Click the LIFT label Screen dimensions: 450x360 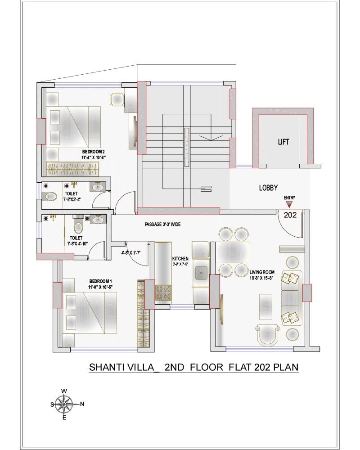(283, 142)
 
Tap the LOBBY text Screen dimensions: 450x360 (268, 188)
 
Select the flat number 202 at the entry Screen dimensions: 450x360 (290, 215)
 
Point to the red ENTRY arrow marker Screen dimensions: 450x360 (287, 205)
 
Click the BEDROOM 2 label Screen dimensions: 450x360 (93, 152)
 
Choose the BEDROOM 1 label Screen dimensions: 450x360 (100, 281)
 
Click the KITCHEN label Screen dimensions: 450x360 (180, 259)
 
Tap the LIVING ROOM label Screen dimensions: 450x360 (262, 272)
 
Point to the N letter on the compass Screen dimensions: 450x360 (82, 404)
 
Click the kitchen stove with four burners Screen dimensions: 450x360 (164, 293)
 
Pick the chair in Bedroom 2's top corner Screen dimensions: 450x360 (117, 99)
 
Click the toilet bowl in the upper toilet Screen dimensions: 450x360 (49, 196)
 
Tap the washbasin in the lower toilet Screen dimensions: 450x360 (97, 219)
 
